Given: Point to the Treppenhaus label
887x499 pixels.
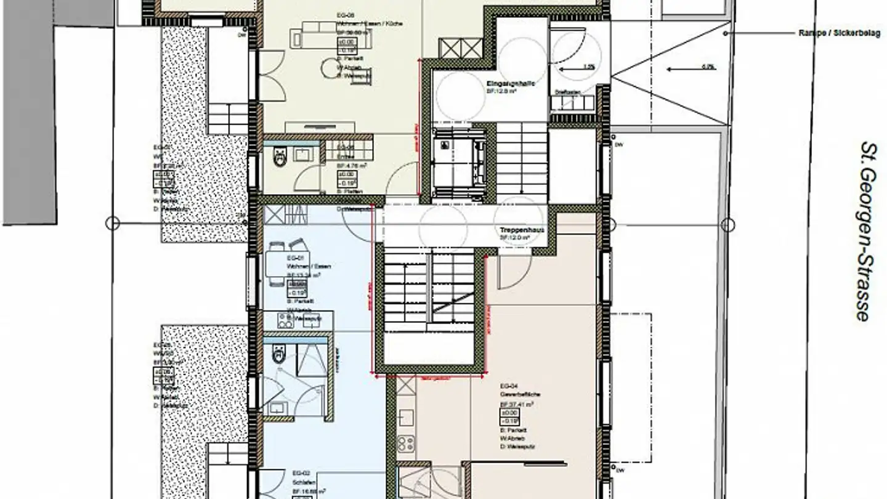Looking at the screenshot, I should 522,229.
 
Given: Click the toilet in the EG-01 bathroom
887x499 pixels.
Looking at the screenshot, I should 278,353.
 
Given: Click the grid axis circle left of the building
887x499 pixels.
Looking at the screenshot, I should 112,223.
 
